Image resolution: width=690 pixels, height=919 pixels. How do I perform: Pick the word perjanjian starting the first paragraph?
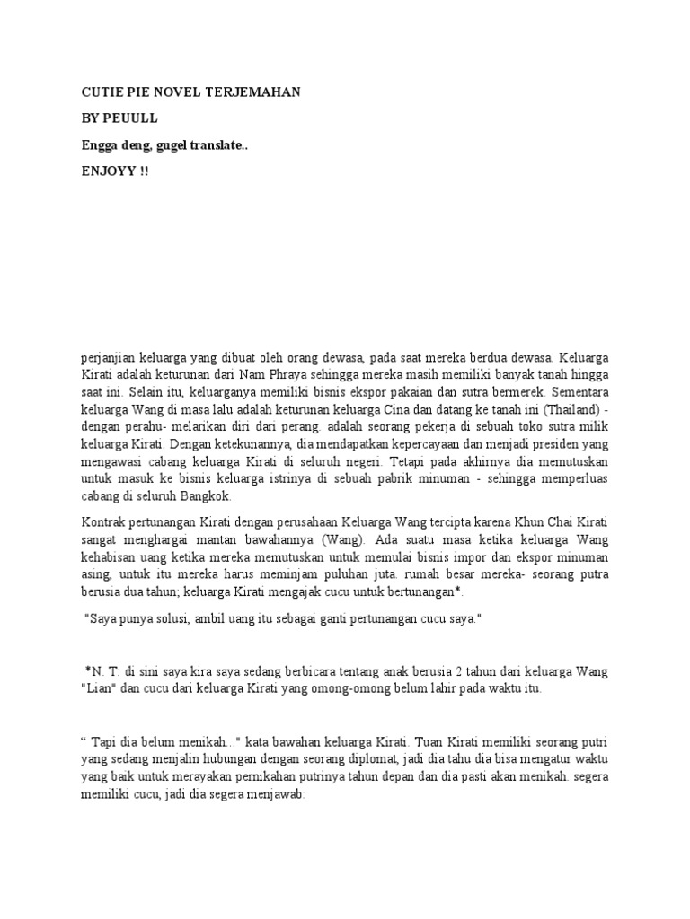[109, 359]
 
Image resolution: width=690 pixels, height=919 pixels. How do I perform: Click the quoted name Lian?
[98, 694]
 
